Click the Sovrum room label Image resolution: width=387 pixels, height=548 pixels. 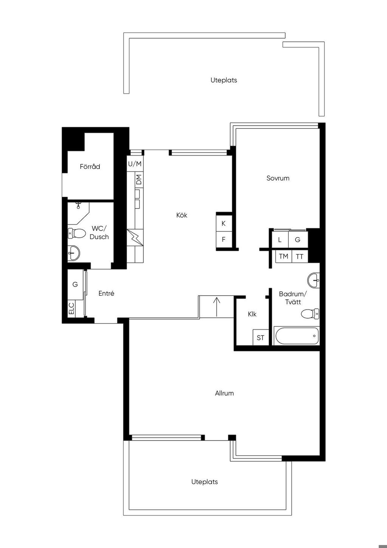[x=278, y=178]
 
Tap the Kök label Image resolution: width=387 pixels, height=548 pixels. [x=182, y=215]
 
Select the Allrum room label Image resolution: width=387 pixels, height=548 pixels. [x=224, y=393]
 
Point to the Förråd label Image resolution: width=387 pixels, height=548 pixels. [x=90, y=167]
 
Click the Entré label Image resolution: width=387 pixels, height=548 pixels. [x=106, y=293]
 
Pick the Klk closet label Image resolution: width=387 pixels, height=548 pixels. [x=252, y=314]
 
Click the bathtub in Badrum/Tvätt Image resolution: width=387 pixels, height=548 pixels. [x=297, y=336]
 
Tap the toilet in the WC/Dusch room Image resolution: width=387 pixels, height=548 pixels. [x=76, y=233]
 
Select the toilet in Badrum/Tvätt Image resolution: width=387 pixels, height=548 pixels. [x=310, y=314]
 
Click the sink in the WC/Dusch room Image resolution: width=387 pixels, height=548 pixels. [x=74, y=253]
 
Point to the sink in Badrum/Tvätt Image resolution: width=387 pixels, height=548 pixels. [x=313, y=280]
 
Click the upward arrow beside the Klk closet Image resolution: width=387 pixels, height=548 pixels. [x=217, y=307]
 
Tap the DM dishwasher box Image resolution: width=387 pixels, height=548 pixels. [x=139, y=179]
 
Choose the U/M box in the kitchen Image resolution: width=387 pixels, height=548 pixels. [x=135, y=163]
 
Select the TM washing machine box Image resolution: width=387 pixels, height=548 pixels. [x=284, y=256]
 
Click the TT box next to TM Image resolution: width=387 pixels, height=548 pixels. [x=300, y=256]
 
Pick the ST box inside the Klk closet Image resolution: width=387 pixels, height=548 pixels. [x=261, y=337]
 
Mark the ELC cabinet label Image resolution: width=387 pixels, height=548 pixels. [x=71, y=309]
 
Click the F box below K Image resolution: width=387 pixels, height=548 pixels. [x=224, y=240]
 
